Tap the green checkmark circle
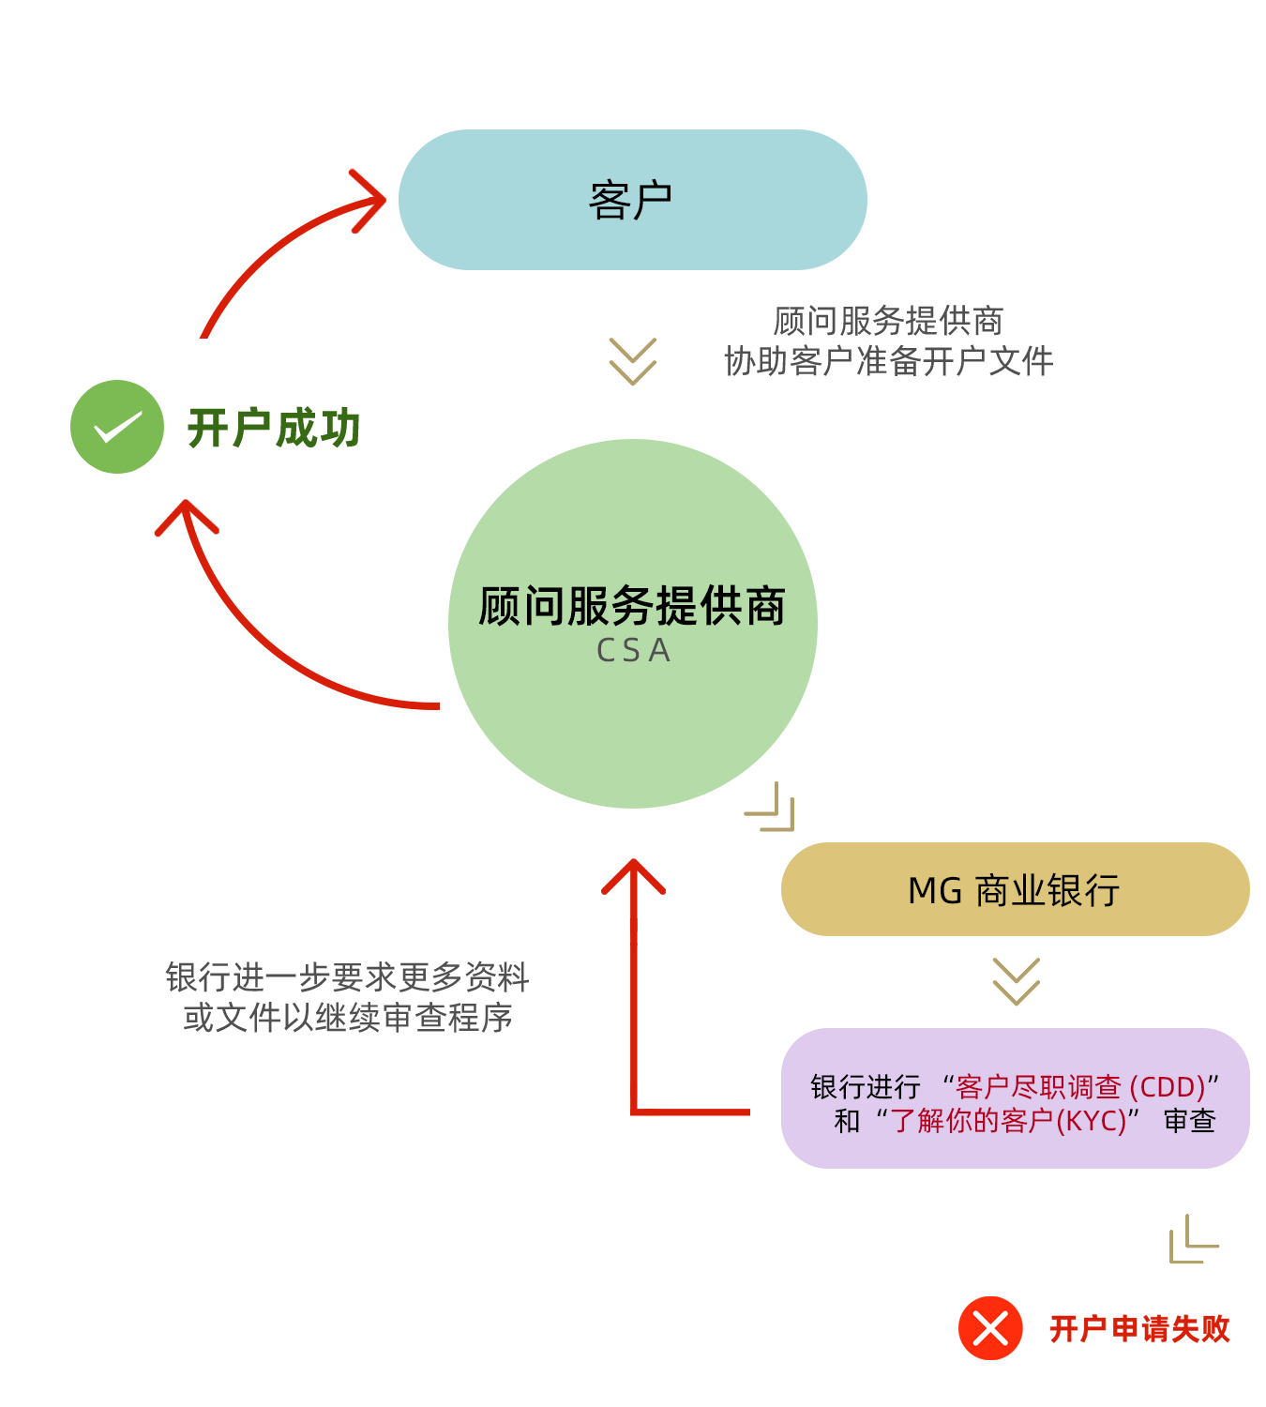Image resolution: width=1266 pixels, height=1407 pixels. click(x=117, y=427)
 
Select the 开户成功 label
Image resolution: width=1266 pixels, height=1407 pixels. click(x=274, y=428)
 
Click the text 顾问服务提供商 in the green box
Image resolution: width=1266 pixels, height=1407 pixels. click(x=632, y=606)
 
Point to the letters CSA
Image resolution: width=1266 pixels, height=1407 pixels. click(x=634, y=650)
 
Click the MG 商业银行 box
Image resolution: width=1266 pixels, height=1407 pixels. click(x=1014, y=889)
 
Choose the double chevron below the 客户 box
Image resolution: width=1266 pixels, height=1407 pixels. click(x=632, y=362)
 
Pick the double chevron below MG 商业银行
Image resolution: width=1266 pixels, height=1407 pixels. click(x=1016, y=982)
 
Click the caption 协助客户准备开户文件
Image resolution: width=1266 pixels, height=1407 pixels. click(x=889, y=360)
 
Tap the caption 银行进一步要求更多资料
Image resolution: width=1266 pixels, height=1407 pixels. click(x=347, y=977)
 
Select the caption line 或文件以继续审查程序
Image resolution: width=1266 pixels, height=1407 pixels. click(x=347, y=1017)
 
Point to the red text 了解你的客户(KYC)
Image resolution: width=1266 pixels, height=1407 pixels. click(x=1008, y=1120)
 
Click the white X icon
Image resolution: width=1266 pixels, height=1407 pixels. click(x=990, y=1328)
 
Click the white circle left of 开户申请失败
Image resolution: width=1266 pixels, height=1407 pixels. click(x=517, y=1321)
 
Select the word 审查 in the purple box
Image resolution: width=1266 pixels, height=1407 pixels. click(x=1189, y=1120)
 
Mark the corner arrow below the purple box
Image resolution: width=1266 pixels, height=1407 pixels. click(x=1194, y=1239)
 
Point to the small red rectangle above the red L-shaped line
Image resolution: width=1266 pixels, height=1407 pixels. click(x=633, y=902)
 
